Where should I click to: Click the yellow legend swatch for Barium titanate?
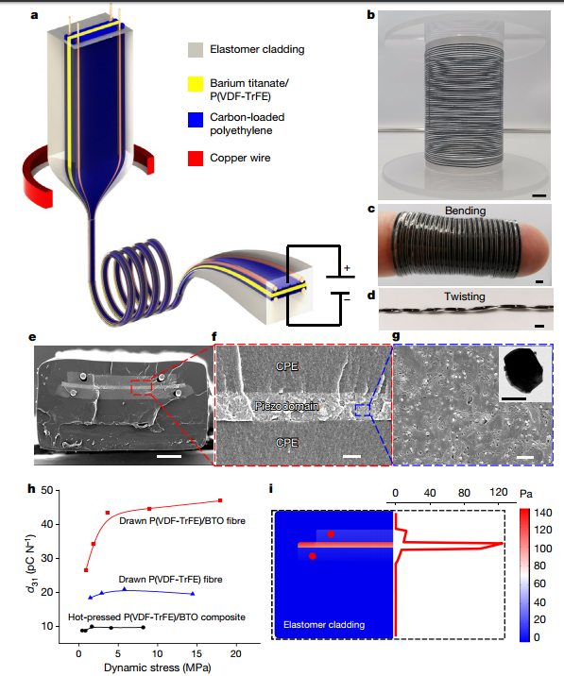tap(196, 84)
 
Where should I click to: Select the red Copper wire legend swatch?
tap(196, 159)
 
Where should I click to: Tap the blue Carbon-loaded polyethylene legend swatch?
tap(196, 120)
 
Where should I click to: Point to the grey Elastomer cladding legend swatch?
tap(196, 50)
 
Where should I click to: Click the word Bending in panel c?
tap(465, 211)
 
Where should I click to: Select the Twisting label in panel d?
tap(465, 296)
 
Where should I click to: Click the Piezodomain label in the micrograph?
tap(287, 406)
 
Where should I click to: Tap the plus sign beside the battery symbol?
tap(347, 268)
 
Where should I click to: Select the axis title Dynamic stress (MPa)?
tap(158, 668)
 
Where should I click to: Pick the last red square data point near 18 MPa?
tap(220, 500)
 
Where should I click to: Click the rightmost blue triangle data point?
tap(193, 594)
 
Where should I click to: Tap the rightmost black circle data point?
tap(144, 627)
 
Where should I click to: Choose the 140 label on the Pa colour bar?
tap(543, 513)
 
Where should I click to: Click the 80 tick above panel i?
tap(464, 493)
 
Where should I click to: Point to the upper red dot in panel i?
tap(331, 534)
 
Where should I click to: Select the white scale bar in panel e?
tap(169, 456)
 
